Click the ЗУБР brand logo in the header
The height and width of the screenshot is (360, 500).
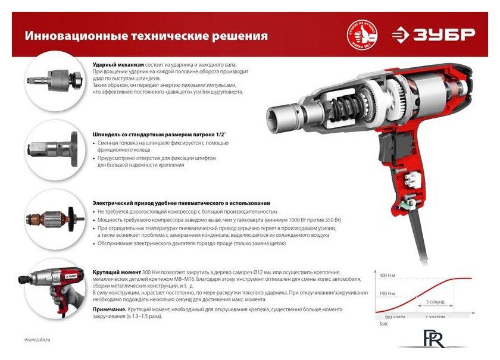point(434,35)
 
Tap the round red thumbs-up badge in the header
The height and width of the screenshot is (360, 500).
point(362,35)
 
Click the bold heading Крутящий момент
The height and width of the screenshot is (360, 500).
point(116,271)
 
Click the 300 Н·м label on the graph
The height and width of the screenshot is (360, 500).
point(387,277)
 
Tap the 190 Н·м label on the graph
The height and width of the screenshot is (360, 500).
point(387,293)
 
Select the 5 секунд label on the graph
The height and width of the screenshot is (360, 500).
point(435,302)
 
